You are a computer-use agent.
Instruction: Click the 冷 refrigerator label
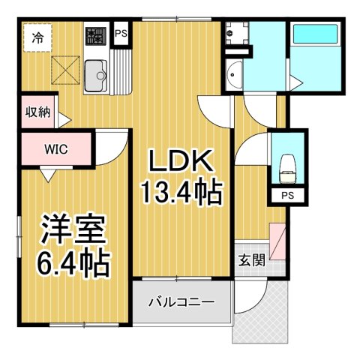click(x=36, y=36)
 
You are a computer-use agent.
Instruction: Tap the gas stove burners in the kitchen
click(x=95, y=36)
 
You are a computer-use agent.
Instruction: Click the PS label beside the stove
click(x=120, y=34)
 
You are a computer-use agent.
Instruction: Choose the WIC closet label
click(x=56, y=148)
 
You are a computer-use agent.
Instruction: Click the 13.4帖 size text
click(x=181, y=193)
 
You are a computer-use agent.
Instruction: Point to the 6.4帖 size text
click(x=73, y=263)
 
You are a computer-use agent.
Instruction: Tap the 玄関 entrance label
click(x=251, y=260)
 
